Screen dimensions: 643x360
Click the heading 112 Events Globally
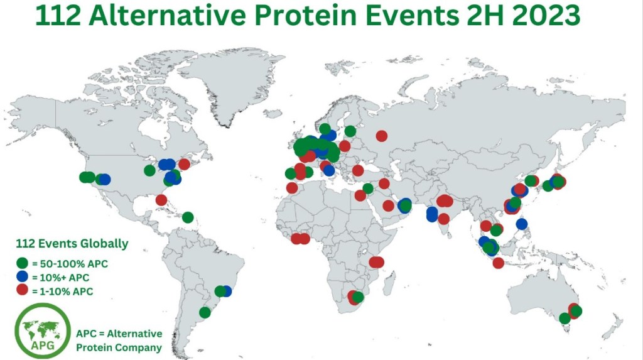pos(72,243)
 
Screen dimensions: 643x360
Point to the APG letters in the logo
pos(43,345)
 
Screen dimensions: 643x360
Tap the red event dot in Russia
pos(381,136)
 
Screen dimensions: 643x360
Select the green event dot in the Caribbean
pos(188,217)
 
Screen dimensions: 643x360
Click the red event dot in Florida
pos(161,200)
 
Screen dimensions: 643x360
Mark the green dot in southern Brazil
pos(205,312)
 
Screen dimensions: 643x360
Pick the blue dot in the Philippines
pos(522,224)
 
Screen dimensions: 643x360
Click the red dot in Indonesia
pos(498,263)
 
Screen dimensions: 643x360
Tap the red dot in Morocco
pos(292,188)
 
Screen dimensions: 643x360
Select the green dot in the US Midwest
pos(149,170)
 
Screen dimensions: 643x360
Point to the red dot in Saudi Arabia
pos(388,205)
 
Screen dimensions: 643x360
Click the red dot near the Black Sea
pos(357,170)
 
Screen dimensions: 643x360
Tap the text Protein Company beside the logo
pos(119,347)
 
